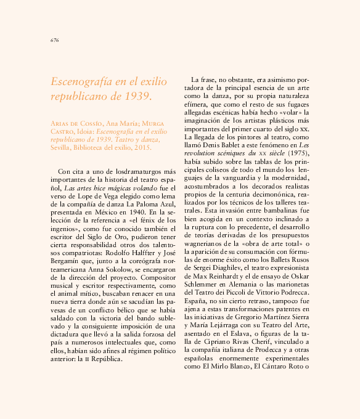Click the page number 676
pos(54,40)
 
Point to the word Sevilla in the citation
pos(61,148)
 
